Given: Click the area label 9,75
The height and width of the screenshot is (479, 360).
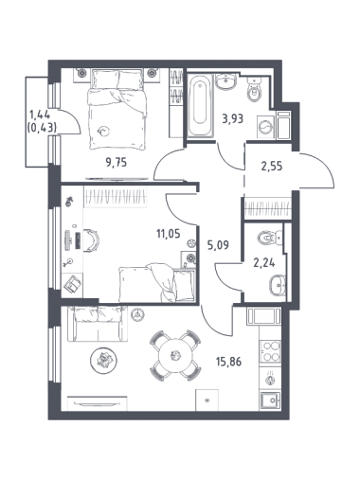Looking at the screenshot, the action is (117, 163).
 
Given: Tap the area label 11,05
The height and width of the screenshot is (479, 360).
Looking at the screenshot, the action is (169, 234).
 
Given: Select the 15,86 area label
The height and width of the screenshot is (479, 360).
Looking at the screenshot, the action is (229, 362).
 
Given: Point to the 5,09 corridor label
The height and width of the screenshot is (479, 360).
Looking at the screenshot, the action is (218, 245).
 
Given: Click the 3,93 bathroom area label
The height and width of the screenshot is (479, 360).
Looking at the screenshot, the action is (233, 119).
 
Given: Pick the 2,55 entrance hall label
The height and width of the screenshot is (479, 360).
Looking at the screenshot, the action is (272, 166).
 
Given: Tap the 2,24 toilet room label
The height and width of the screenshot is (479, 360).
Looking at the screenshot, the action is (264, 262).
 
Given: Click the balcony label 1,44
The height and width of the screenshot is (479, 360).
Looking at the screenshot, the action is (40, 115).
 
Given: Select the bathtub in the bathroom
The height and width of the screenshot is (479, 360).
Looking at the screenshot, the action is (200, 105).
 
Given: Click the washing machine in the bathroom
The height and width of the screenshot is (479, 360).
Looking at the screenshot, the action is (265, 127).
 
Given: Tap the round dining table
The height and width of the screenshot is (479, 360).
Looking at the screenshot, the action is (175, 355).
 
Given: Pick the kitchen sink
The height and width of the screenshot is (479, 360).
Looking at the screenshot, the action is (270, 400).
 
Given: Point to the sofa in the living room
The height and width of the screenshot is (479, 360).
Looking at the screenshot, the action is (98, 324).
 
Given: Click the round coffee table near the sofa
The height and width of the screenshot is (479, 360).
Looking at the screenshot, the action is (103, 360).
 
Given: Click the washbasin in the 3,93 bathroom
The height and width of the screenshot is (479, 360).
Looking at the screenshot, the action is (225, 81).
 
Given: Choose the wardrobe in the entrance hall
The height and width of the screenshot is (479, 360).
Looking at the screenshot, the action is (268, 207).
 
